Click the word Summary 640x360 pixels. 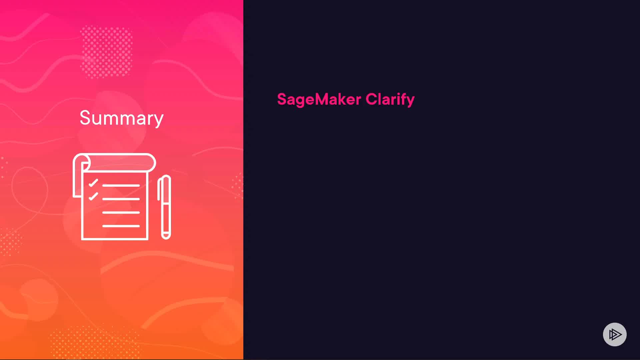coord(122,118)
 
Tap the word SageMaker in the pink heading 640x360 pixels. coord(319,99)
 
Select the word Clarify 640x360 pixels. coord(390,99)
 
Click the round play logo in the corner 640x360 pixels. coord(615,334)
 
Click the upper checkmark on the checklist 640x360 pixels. coord(93,183)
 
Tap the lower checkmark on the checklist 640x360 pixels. coord(93,196)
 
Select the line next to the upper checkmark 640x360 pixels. coord(121,185)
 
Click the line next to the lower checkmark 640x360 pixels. coord(121,199)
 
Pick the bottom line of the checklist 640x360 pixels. coord(121,226)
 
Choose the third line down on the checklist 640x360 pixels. coord(121,212)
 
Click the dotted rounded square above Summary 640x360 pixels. coord(107,52)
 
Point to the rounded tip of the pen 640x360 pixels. coord(166,236)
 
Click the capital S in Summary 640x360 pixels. coord(86,118)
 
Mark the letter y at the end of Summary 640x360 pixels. coord(159,121)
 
